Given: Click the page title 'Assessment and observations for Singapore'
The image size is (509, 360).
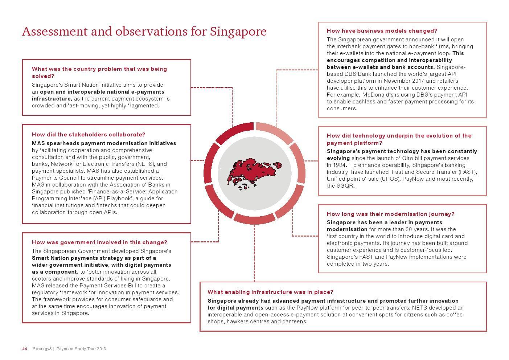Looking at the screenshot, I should pos(144,32).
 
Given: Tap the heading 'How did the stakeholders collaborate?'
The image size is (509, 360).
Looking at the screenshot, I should pos(89,135).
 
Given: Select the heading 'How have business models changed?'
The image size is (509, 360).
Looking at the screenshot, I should pos(382,31).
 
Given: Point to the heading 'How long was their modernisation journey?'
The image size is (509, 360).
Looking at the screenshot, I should pos(390,214).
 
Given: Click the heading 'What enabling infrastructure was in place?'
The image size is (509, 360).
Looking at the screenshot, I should pos(270,292).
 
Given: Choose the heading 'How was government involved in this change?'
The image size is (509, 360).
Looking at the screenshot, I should pos(99,242).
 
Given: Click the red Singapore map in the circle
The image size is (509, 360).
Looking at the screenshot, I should pos(253,171).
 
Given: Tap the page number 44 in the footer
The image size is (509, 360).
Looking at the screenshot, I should pos(25,349).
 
